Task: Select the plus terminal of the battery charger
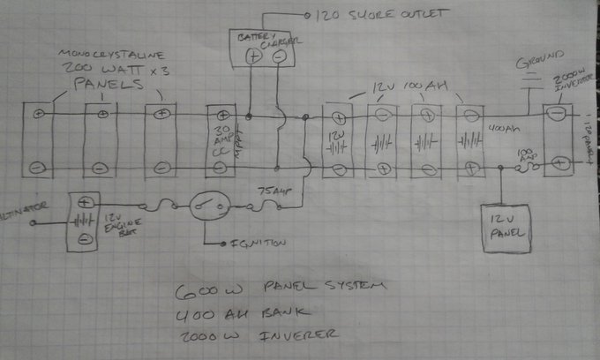(251, 56)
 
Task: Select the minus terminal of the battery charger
(279, 56)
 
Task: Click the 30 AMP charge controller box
(220, 140)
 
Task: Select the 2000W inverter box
(557, 139)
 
